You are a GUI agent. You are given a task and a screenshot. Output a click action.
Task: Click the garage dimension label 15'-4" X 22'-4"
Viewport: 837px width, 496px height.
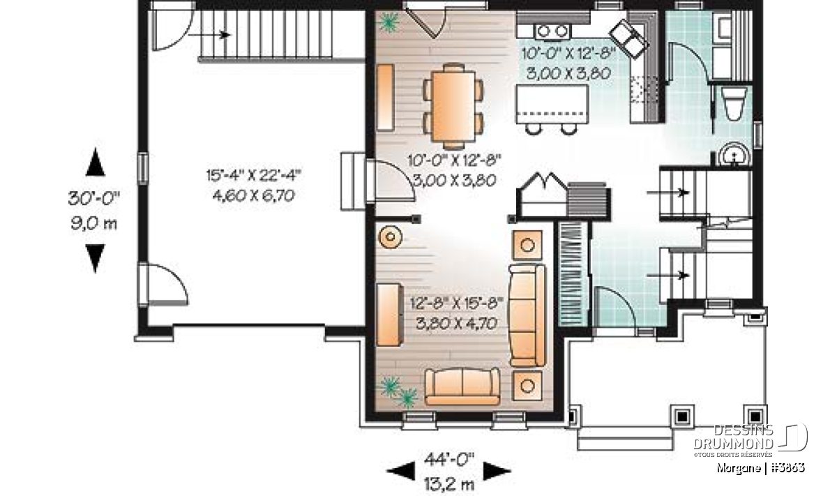tap(254, 175)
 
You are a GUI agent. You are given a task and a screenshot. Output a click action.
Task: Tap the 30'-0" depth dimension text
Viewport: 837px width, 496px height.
tap(93, 199)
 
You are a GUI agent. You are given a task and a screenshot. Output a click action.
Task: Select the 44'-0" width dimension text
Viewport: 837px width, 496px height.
tap(448, 459)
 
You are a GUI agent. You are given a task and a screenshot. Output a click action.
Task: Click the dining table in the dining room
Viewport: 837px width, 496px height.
tap(453, 106)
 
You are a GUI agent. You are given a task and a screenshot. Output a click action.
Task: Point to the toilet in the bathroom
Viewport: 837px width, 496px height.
tap(734, 103)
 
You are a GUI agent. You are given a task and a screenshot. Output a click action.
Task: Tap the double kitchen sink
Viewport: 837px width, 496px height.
tap(552, 31)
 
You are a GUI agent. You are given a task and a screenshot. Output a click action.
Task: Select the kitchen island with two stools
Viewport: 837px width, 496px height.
tap(552, 108)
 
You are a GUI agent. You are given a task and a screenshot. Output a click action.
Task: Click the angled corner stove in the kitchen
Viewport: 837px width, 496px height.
tap(628, 38)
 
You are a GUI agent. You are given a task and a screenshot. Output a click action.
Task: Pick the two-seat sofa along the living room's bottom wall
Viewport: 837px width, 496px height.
tap(462, 386)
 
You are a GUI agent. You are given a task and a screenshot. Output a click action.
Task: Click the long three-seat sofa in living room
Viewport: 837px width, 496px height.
tap(527, 315)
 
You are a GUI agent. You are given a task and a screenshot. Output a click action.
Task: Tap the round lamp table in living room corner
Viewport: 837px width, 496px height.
tap(390, 236)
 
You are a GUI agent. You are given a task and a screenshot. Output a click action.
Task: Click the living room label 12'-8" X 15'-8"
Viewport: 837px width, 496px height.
tap(457, 303)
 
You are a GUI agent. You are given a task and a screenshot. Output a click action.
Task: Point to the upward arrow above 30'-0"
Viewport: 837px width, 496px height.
tap(96, 162)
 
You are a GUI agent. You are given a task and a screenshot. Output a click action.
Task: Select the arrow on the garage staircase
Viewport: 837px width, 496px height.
tap(209, 35)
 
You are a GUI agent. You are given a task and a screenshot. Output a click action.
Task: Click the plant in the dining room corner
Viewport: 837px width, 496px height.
tap(389, 22)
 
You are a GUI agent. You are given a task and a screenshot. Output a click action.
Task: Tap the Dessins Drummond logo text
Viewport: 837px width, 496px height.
tap(733, 437)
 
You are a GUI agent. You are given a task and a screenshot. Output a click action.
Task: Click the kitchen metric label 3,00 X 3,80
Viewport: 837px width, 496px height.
tap(568, 73)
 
